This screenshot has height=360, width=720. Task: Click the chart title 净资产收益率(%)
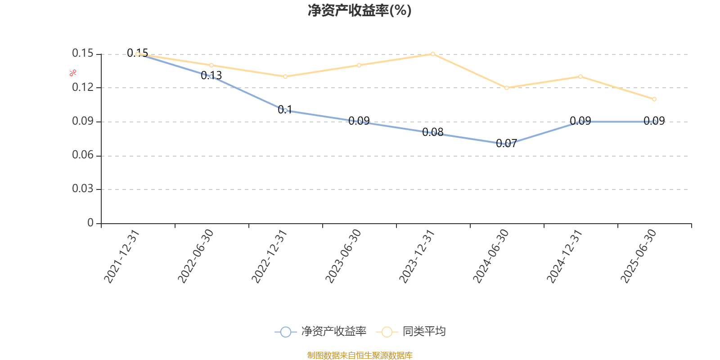360,10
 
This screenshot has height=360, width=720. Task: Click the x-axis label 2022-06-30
196,256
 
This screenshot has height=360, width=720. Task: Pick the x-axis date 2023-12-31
417,256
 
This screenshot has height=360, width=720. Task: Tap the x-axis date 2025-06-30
639,256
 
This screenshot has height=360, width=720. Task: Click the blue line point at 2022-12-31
285,110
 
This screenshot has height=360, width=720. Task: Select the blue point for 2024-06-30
507,144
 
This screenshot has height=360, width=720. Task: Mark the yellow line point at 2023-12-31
433,54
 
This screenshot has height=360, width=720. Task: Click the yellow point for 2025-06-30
654,99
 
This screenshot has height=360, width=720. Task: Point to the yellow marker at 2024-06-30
507,88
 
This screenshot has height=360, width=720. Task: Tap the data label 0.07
506,144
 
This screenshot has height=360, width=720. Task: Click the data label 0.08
433,132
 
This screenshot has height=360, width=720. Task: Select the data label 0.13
211,76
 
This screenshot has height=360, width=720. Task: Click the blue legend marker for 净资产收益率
286,332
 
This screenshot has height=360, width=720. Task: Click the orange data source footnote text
360,355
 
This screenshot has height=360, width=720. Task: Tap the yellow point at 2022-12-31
285,76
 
